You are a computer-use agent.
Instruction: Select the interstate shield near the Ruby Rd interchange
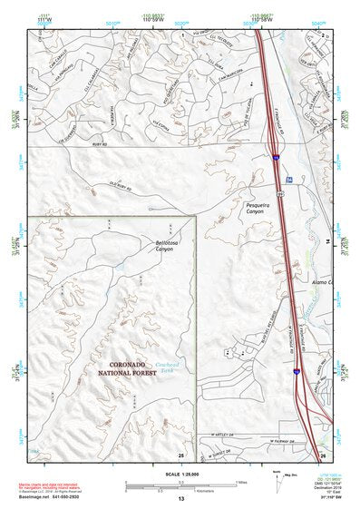coord(275,157)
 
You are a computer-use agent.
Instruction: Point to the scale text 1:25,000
coord(180,471)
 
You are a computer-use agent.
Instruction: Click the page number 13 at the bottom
coord(180,499)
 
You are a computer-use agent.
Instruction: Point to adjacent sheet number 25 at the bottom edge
coord(181,455)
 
